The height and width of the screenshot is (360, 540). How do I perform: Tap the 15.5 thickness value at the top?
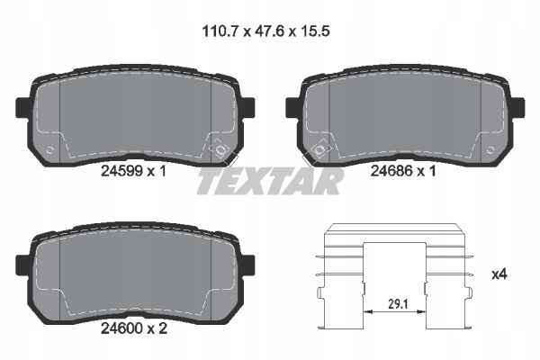coord(316,31)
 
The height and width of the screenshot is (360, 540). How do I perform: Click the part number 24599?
coord(121,171)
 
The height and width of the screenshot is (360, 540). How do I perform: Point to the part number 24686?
coord(391,171)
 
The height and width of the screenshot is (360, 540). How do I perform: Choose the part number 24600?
coord(121,328)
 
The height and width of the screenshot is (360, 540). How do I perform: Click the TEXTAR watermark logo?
coord(270,182)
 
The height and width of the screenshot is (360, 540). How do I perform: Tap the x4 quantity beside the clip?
coord(499,274)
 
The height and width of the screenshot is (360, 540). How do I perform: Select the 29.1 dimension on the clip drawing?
coord(398,304)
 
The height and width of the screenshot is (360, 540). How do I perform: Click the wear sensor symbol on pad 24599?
coord(220,149)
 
